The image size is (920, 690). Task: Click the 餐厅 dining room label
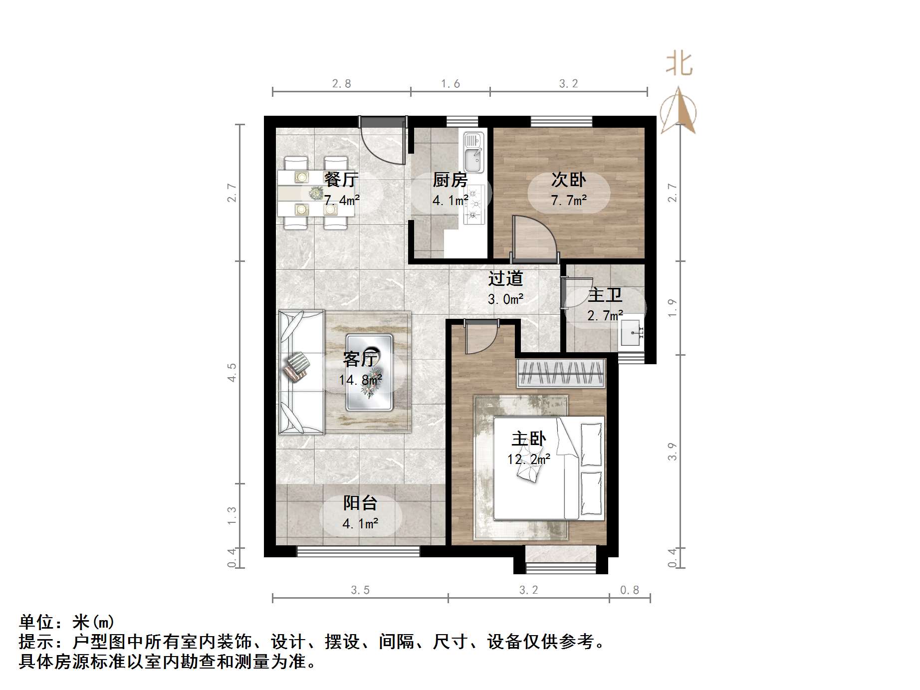(341, 180)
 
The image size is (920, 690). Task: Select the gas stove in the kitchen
(474, 204)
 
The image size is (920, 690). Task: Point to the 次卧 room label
(568, 180)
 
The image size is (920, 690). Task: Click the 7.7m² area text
(569, 201)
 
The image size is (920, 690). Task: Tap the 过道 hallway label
(505, 278)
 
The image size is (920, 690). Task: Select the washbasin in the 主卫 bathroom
(631, 333)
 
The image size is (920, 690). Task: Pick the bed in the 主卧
(549, 468)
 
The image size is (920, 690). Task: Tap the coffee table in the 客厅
(370, 373)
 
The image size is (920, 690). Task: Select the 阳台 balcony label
(360, 503)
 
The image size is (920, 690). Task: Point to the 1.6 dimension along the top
(450, 84)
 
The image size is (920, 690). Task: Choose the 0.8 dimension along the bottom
(629, 590)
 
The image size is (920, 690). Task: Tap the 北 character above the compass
(679, 64)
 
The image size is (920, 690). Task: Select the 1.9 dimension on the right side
(673, 307)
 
